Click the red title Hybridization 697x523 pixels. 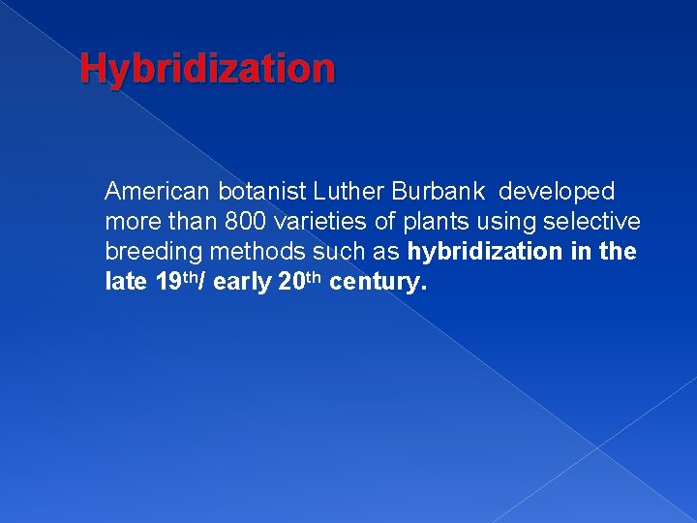point(207,69)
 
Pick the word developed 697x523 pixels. point(557,192)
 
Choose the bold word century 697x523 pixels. point(378,284)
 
